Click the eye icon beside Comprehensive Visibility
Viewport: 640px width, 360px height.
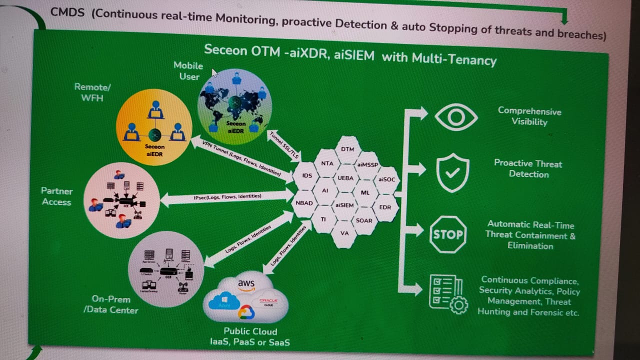[x=456, y=117]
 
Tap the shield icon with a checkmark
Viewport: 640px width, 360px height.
[x=452, y=173]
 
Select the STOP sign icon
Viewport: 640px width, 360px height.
[x=447, y=234]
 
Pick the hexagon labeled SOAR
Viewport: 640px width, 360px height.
[x=363, y=220]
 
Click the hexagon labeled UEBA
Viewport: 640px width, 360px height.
[x=345, y=177]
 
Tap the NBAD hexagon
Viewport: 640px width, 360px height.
[x=304, y=203]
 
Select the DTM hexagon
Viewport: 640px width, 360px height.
[x=347, y=149]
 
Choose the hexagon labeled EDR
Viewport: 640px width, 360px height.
[x=385, y=207]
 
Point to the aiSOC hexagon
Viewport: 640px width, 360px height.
[x=386, y=178]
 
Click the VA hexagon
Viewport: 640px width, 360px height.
[x=344, y=233]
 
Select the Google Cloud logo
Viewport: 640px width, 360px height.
[x=246, y=312]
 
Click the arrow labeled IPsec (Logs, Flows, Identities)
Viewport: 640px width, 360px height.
[x=227, y=197]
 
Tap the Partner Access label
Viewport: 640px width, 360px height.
[x=56, y=196]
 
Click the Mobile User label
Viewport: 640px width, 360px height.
[x=188, y=71]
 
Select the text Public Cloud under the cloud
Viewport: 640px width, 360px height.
[x=250, y=331]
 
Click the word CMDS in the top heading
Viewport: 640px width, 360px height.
[x=68, y=13]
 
